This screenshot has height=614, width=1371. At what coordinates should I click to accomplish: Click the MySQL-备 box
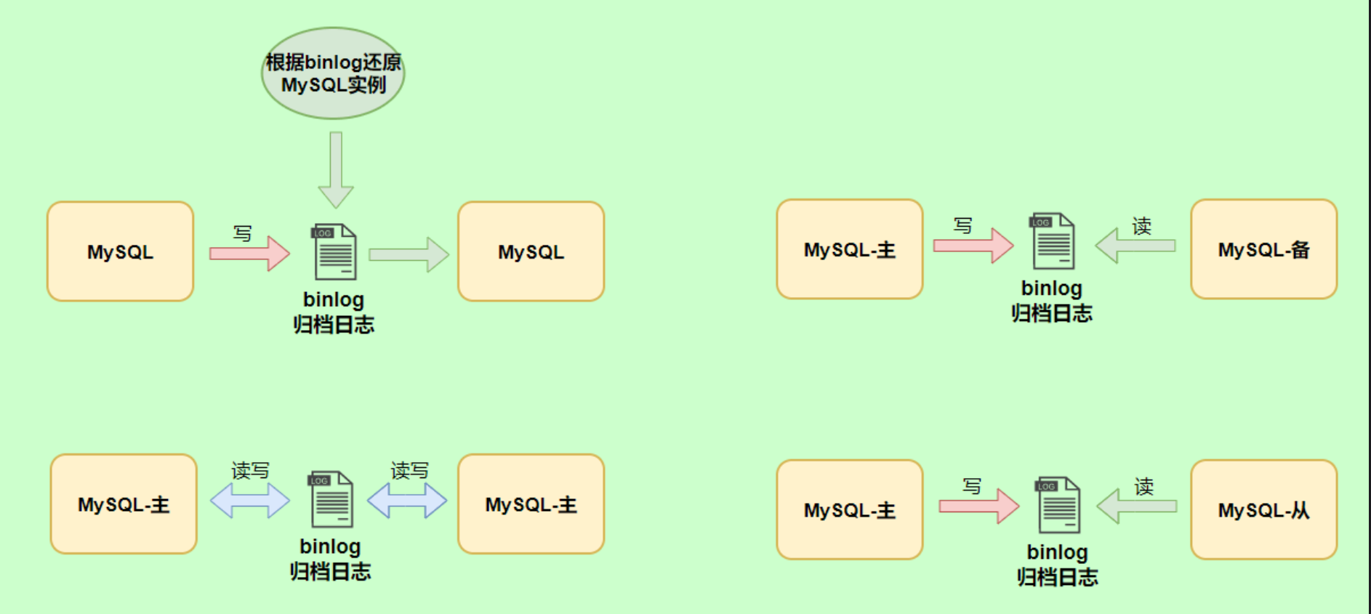click(x=1263, y=249)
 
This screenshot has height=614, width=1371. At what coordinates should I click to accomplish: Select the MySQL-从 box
click(x=1263, y=510)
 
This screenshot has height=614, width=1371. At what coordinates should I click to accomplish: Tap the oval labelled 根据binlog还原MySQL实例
click(x=333, y=73)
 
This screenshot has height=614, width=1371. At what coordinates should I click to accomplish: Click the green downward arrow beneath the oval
click(x=336, y=171)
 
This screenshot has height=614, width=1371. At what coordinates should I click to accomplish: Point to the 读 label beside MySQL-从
click(x=1143, y=486)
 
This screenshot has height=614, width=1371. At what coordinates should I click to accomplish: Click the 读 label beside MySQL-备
click(x=1141, y=226)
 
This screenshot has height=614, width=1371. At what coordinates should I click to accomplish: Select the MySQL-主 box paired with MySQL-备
click(x=849, y=249)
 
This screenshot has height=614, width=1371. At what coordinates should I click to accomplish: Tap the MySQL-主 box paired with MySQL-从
click(x=849, y=510)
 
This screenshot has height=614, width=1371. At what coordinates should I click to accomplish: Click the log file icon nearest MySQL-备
click(x=1053, y=241)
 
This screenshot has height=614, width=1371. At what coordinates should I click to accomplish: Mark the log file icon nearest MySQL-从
click(x=1058, y=505)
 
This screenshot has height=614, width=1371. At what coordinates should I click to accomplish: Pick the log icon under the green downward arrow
click(x=334, y=251)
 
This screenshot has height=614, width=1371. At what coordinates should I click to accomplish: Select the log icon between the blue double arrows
click(x=331, y=499)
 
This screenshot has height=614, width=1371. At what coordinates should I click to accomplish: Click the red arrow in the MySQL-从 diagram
click(x=978, y=506)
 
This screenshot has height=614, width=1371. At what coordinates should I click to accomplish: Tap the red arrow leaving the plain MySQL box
click(x=249, y=254)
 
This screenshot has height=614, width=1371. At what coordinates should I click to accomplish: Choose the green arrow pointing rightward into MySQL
click(x=409, y=254)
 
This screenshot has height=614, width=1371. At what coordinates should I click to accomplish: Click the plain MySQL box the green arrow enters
click(x=531, y=251)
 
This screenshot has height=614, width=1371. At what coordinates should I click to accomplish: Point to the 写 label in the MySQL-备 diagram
click(x=963, y=226)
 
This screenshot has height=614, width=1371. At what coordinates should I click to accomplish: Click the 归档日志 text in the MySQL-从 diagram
click(x=1057, y=578)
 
